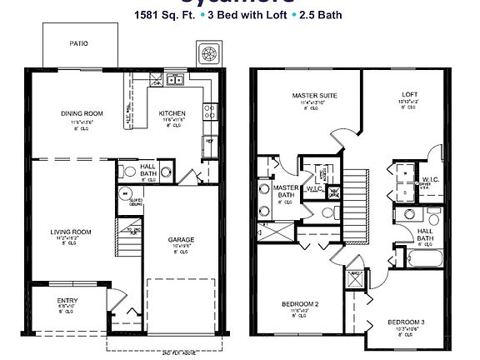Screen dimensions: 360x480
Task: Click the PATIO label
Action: tap(79, 42)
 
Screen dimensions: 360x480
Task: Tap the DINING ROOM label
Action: tap(82, 113)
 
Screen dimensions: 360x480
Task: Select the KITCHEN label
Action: tap(173, 113)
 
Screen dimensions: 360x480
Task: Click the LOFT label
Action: tap(409, 94)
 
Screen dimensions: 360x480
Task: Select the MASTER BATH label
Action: tap(287, 191)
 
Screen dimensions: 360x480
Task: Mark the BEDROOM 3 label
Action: tap(406, 322)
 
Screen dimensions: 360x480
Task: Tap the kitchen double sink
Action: tap(174, 80)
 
